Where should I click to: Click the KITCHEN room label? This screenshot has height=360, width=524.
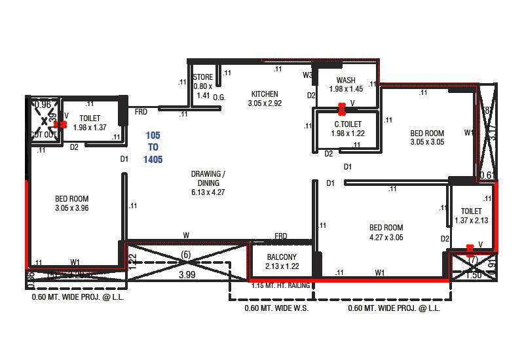(264, 94)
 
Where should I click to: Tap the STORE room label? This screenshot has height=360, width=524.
(203, 77)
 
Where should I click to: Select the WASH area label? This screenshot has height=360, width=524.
(346, 81)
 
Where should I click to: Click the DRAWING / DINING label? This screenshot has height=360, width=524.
(208, 179)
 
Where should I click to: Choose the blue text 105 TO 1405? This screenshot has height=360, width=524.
(153, 147)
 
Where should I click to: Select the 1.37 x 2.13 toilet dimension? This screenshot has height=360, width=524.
(471, 221)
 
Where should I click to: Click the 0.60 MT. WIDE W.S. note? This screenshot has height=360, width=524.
(276, 308)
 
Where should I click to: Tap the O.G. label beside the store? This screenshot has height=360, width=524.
(219, 98)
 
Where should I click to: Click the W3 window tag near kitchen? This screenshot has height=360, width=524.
(307, 75)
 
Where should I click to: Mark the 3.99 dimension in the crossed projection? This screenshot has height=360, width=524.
(188, 275)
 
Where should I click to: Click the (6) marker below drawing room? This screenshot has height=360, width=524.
(185, 254)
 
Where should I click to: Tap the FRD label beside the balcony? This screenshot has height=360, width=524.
(281, 236)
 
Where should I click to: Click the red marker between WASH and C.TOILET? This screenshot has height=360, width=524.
(341, 109)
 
